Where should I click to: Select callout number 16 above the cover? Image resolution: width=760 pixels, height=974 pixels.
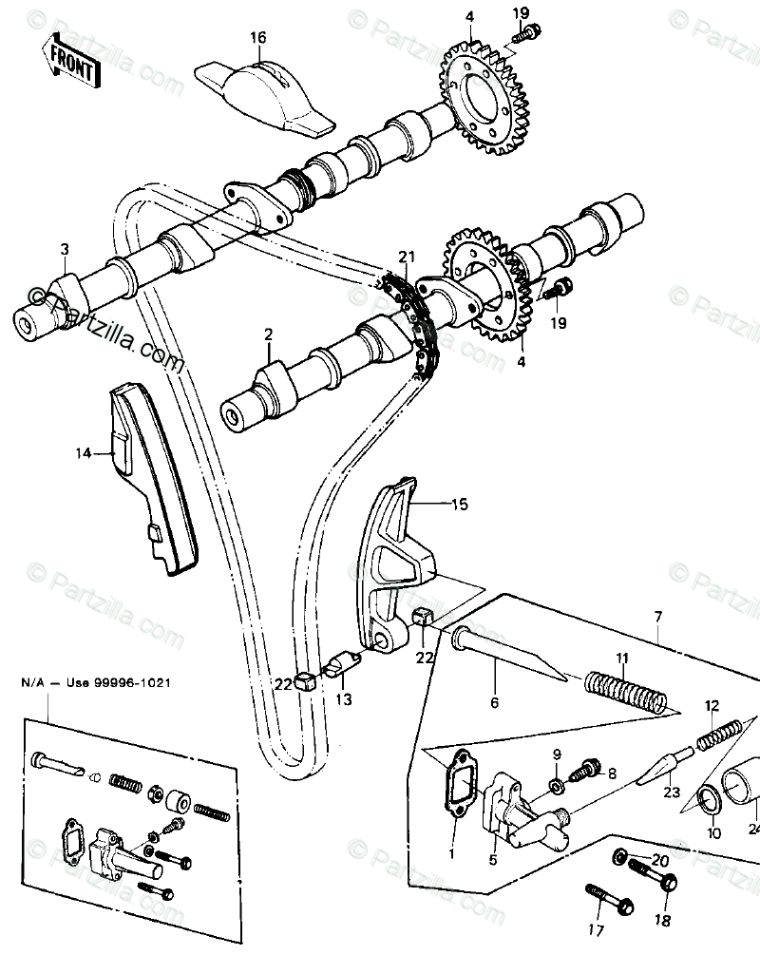click(x=258, y=38)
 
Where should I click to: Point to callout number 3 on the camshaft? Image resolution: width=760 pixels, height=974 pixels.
click(x=64, y=250)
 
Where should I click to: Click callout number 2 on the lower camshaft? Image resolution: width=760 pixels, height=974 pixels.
click(x=268, y=334)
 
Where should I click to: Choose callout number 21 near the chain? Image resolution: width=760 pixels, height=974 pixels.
click(x=408, y=258)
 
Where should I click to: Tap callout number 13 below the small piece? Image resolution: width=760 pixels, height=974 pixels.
click(x=343, y=700)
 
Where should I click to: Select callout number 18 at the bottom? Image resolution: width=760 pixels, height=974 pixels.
click(x=663, y=922)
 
